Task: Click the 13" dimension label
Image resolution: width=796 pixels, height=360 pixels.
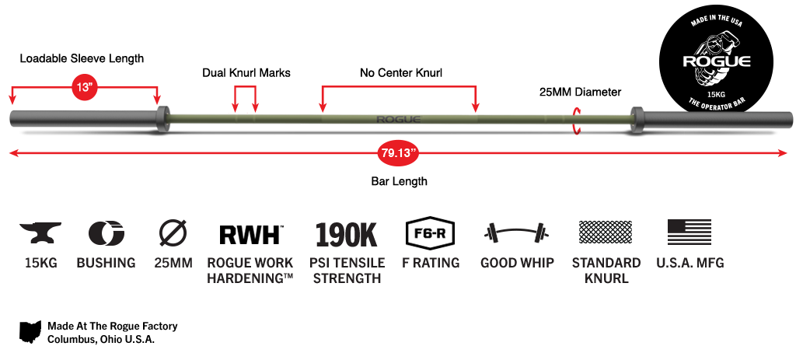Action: [x=84, y=86]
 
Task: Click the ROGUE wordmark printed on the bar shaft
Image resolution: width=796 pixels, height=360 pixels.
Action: [x=398, y=119]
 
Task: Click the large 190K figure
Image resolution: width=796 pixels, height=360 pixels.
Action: [x=346, y=234]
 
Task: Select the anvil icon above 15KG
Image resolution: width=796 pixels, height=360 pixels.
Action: [x=40, y=232]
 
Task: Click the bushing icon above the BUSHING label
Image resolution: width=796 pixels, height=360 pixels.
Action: [x=106, y=232]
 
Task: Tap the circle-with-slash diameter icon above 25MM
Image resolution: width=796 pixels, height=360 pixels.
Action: [x=172, y=232]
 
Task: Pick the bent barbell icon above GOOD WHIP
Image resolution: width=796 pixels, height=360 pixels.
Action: [x=516, y=232]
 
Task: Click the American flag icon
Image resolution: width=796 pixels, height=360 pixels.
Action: [x=690, y=232]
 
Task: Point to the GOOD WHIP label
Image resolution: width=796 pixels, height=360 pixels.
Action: [x=516, y=263]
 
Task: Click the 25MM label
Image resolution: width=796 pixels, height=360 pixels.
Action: [x=173, y=263]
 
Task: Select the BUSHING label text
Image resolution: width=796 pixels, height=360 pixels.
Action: [x=106, y=263]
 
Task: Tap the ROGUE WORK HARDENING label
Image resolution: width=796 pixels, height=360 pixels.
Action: [x=250, y=270]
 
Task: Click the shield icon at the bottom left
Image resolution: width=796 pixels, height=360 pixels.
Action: [x=30, y=330]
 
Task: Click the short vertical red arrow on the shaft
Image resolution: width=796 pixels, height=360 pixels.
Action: [x=576, y=120]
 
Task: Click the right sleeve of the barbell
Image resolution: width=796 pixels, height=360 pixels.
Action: [x=715, y=118]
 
